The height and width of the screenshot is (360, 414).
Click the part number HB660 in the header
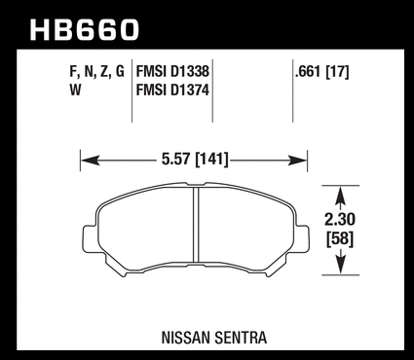coord(85,30)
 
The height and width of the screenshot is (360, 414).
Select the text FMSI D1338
coord(172,72)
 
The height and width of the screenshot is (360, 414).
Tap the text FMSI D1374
coord(172,90)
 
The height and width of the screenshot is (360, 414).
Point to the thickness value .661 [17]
coord(321,72)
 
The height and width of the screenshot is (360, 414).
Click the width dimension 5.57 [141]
coord(195,160)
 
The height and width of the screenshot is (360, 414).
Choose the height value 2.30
coord(340,220)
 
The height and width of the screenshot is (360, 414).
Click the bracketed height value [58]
coord(340,239)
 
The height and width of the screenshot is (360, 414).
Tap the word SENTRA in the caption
coord(241,338)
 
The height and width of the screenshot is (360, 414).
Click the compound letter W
coord(75,90)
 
